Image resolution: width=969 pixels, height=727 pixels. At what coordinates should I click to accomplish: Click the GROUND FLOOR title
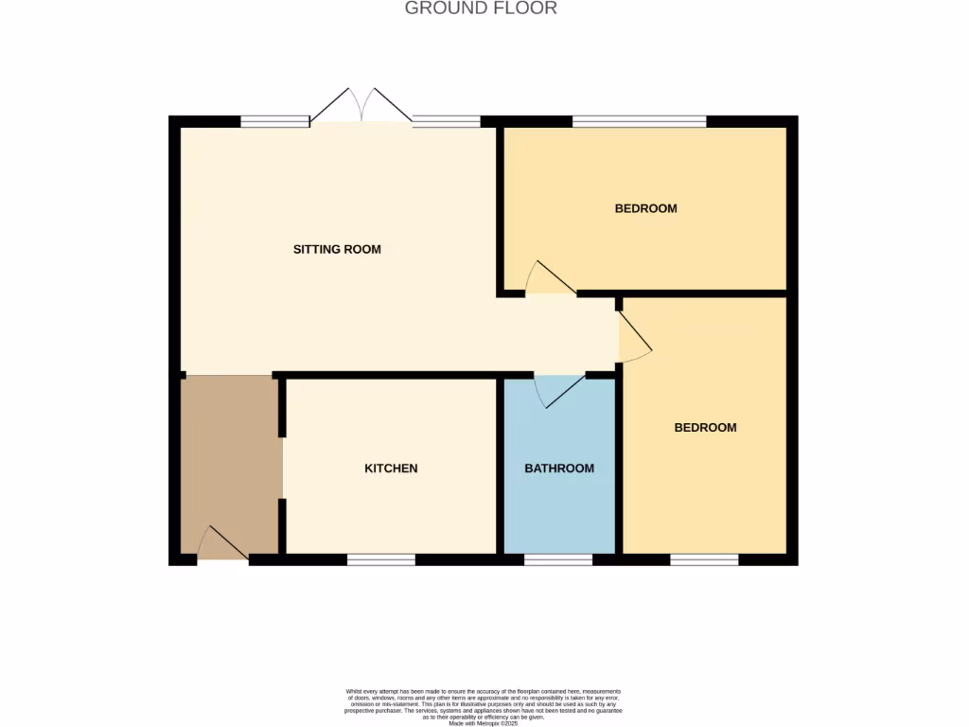[481, 9]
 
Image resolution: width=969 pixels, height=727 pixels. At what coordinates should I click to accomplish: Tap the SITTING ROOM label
[337, 250]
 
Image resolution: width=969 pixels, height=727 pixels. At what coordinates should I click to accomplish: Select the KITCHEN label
[391, 469]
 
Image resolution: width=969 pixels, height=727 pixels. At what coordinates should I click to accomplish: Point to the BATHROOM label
[559, 469]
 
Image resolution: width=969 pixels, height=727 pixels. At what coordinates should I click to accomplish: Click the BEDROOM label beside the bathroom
[705, 428]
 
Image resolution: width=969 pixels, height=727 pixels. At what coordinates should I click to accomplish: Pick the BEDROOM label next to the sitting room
[646, 208]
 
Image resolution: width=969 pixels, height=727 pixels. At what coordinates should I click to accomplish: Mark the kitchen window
[380, 559]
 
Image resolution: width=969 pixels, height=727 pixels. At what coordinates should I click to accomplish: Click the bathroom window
[558, 559]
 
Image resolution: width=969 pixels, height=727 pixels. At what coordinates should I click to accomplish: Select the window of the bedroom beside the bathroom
[704, 559]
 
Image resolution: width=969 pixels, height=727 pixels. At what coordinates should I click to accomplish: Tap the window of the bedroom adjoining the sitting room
[640, 121]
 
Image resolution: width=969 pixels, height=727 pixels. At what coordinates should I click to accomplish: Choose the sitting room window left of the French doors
[274, 121]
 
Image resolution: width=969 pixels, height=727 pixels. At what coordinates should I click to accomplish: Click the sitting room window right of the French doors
[447, 121]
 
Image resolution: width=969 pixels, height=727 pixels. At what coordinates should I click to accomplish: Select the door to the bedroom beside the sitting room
[550, 278]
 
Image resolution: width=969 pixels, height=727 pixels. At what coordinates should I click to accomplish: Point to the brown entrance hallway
[229, 454]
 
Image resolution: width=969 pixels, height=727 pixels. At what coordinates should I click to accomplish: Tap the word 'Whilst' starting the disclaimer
[354, 692]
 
